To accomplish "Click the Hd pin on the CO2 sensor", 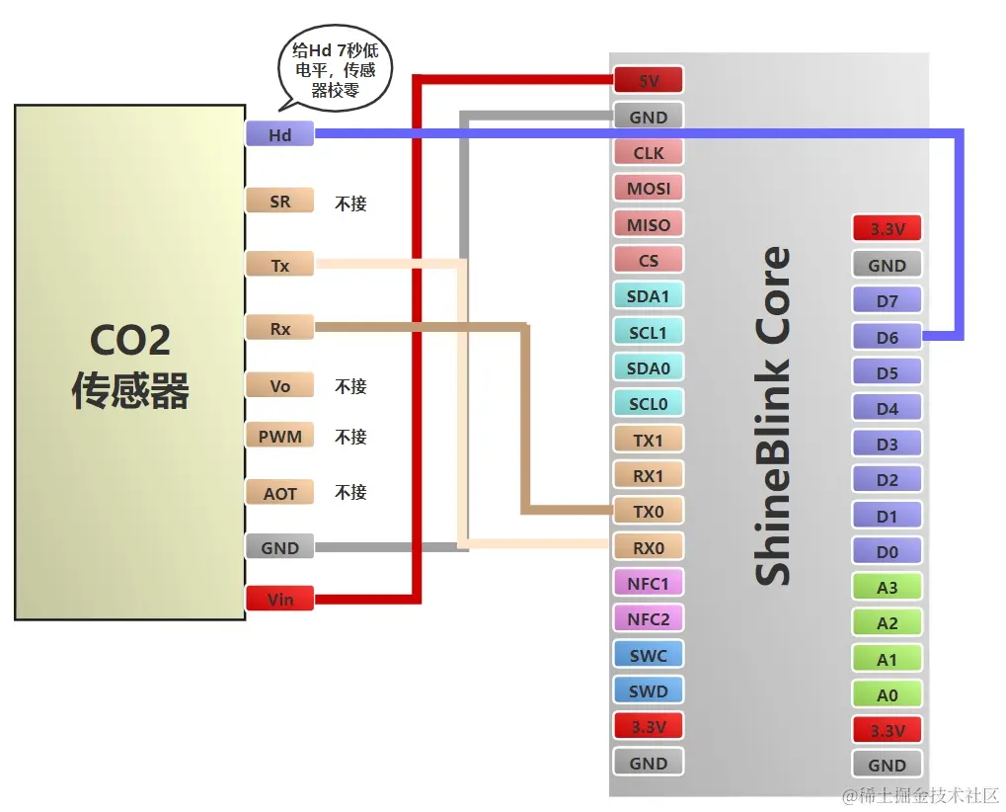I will [279, 134].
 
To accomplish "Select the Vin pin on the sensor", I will [279, 599].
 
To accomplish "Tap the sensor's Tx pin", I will [279, 265].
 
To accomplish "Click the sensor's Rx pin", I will [279, 328].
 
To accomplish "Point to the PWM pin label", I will [279, 436].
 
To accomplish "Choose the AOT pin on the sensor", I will [279, 492].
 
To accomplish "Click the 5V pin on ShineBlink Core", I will [649, 80].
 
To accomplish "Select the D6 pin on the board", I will [887, 337].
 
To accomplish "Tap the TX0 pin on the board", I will [649, 511].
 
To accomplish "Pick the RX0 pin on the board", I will [649, 546].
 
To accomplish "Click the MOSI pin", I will [649, 188].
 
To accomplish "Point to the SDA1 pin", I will [649, 295].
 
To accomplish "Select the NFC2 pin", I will [649, 618].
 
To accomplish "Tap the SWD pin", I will [649, 690].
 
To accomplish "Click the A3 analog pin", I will [887, 587].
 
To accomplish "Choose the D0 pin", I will [887, 551].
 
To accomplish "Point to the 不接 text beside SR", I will [350, 203].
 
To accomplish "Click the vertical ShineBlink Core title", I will [772, 415].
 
